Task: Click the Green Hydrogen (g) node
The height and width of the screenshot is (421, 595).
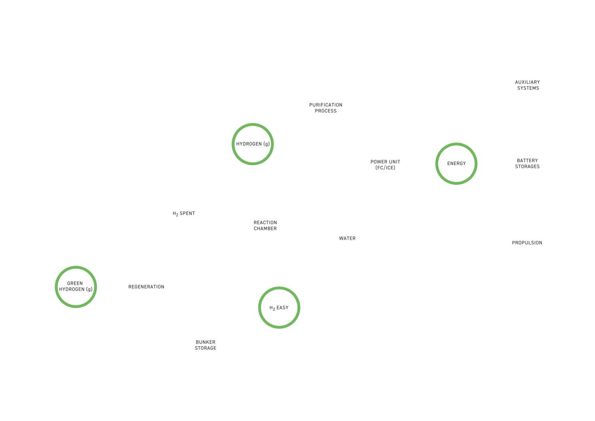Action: pyautogui.click(x=76, y=287)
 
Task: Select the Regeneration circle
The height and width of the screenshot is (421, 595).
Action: pyautogui.click(x=146, y=287)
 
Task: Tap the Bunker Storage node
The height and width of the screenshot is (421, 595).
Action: pyautogui.click(x=206, y=345)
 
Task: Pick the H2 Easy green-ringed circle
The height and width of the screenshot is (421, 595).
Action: pyautogui.click(x=279, y=308)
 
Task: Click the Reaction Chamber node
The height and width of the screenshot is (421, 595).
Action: pyautogui.click(x=265, y=226)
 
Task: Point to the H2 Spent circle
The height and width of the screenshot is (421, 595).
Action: pyautogui.click(x=184, y=214)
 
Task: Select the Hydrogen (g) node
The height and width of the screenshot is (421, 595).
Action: pyautogui.click(x=253, y=144)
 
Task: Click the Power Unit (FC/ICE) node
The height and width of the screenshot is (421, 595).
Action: pyautogui.click(x=385, y=164)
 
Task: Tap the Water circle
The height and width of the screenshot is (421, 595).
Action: pyautogui.click(x=348, y=238)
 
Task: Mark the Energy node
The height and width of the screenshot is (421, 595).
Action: pyautogui.click(x=456, y=163)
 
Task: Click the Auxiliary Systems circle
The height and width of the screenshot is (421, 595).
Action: pyautogui.click(x=527, y=85)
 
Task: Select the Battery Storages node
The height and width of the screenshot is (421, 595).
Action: pyautogui.click(x=527, y=163)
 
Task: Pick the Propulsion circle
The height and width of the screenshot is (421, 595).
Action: pyautogui.click(x=527, y=242)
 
